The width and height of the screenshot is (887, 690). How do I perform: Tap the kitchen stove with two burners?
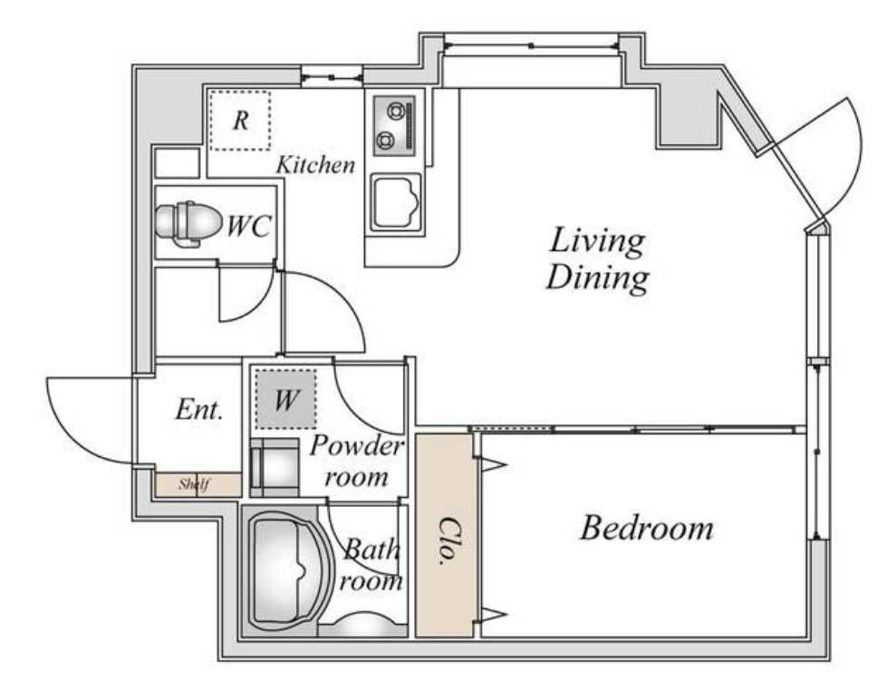(x=394, y=126)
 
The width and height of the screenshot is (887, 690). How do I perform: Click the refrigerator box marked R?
(x=240, y=121)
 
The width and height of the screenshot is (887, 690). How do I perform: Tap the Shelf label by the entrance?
(x=195, y=484)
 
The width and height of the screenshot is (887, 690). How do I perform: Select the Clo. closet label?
(x=448, y=541)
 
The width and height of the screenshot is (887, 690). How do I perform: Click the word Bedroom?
(x=647, y=528)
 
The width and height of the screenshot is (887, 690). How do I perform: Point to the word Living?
(x=597, y=240)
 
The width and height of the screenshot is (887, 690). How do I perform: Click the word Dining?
(x=597, y=278)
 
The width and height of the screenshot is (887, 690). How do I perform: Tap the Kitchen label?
(x=315, y=165)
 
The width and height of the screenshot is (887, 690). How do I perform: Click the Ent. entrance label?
(x=198, y=409)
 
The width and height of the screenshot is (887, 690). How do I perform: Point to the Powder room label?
(x=356, y=462)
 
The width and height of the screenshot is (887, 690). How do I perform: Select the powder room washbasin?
(x=275, y=468)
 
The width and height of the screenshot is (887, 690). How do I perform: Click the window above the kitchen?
(x=331, y=76)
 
